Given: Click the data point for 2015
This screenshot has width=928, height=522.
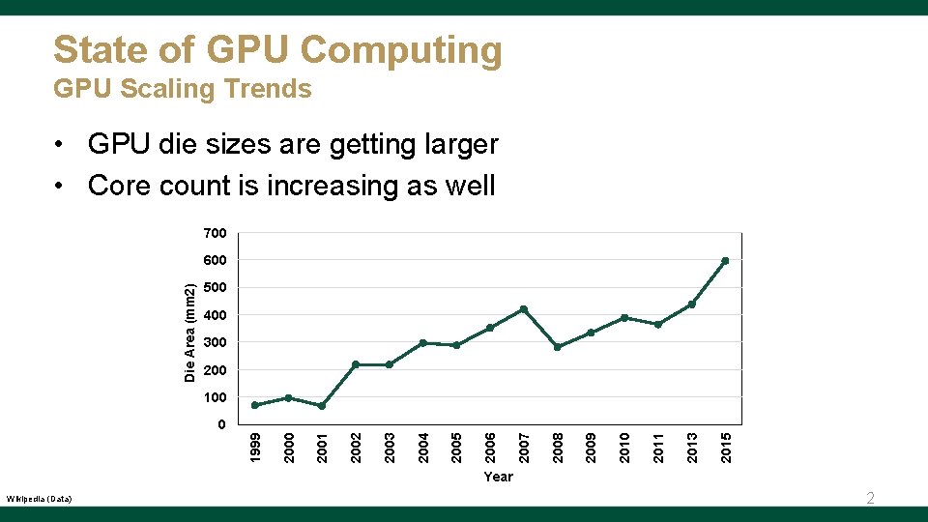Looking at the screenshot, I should point(725,261).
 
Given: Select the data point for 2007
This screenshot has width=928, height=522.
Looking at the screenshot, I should point(523,309).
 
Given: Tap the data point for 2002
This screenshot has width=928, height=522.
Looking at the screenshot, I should point(356,364).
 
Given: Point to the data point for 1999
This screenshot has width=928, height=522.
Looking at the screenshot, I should point(255,405).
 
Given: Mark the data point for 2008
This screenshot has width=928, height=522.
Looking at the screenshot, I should point(557,347).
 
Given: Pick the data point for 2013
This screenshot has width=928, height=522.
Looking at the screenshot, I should point(691,304).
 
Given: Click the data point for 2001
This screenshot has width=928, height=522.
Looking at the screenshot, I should point(322,406).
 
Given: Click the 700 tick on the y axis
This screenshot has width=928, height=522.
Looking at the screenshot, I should point(215,233).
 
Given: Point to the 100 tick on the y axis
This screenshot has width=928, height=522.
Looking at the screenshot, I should point(215,397).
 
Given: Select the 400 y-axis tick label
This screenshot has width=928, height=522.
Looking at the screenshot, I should point(215,315).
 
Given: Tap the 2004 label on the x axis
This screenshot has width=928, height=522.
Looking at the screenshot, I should point(423,447).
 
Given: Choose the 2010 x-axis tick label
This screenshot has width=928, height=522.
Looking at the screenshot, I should point(624,447).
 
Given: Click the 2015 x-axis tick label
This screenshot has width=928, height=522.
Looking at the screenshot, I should point(726,447).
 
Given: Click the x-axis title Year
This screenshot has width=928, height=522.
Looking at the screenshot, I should point(499,477).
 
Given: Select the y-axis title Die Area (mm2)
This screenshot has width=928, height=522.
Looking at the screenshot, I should point(190,332).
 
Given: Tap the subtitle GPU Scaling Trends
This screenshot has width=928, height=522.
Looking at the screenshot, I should point(183,89).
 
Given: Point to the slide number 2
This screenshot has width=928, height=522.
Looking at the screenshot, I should point(870,499).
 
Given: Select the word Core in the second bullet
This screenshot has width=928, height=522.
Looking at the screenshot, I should point(119,185).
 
